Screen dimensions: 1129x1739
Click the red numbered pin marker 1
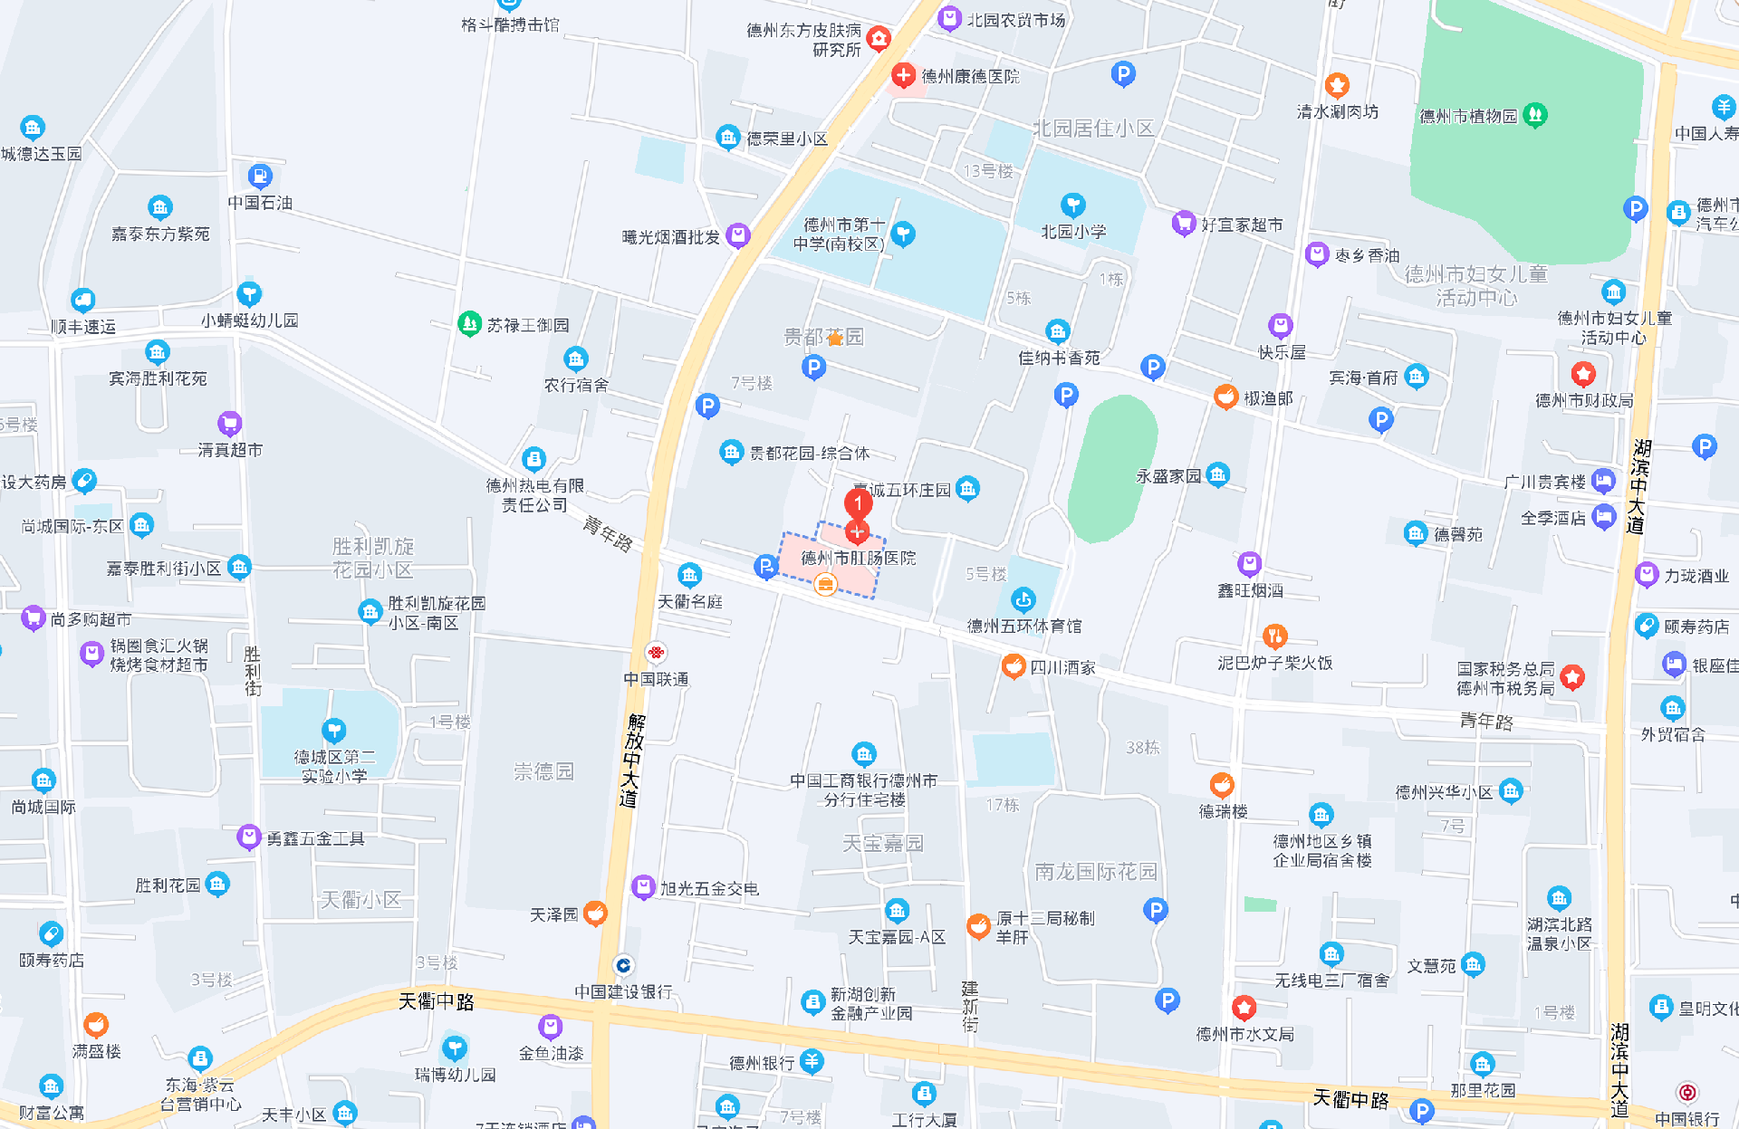[858, 502]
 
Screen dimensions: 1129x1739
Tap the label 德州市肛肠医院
[859, 559]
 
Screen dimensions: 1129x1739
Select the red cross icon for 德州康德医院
[902, 75]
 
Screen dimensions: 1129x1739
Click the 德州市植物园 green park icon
[1534, 115]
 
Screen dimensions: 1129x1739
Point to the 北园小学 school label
[1073, 232]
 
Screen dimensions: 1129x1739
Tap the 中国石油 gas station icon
[259, 176]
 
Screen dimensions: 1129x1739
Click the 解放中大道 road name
[631, 760]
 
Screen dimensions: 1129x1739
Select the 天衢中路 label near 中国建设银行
[437, 1001]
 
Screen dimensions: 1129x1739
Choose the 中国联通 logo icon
[656, 653]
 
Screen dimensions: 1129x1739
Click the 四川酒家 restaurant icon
[1014, 666]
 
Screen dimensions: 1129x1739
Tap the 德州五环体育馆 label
[1023, 626]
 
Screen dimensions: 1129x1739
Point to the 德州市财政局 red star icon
[1582, 374]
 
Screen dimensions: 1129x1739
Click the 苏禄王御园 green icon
[469, 324]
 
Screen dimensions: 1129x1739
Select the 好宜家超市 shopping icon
[1183, 223]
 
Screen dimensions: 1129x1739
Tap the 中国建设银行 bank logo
[623, 965]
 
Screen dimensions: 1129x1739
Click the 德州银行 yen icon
[812, 1062]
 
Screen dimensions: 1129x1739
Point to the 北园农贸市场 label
[1016, 20]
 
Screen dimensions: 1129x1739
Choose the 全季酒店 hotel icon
[1603, 517]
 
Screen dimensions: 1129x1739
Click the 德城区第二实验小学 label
[334, 766]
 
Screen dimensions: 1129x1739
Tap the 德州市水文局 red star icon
[1244, 1007]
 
